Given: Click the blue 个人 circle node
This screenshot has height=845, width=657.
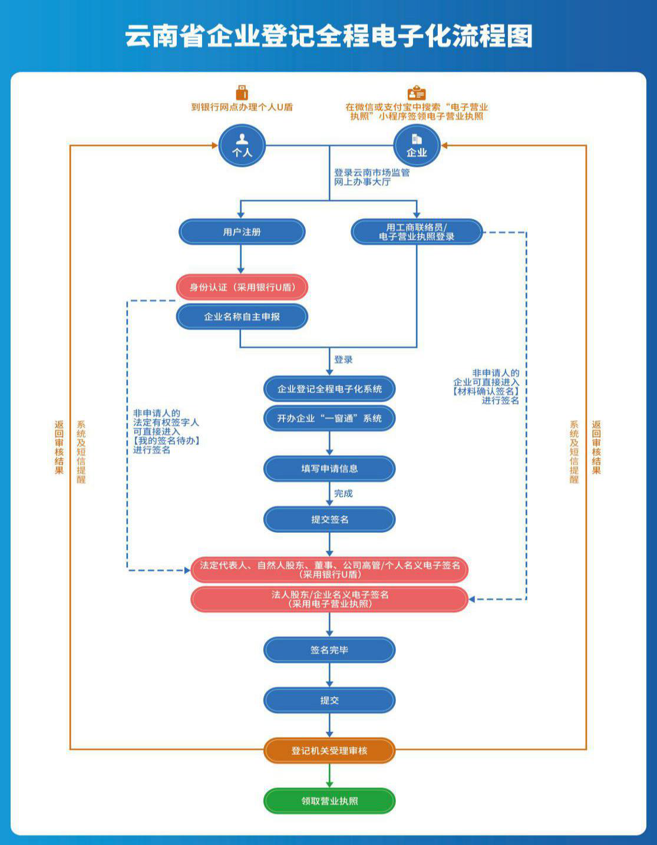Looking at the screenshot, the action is tap(242, 146).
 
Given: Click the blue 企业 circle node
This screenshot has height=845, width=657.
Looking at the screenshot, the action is tap(417, 146).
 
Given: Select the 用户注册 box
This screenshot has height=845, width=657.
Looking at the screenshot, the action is tap(242, 232).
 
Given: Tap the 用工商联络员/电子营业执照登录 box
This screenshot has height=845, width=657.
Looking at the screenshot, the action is tap(417, 232).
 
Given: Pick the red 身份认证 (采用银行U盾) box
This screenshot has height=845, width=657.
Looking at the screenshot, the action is tap(242, 288).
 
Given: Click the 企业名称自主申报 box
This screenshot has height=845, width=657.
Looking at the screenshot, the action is tap(242, 317).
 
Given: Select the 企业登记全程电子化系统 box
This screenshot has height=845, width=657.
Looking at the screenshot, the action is tap(329, 389).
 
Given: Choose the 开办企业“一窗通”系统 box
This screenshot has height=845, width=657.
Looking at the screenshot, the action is tap(329, 418).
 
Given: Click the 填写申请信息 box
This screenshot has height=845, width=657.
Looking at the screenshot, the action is tap(329, 468).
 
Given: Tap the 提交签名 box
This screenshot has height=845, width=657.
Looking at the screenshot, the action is tap(329, 519).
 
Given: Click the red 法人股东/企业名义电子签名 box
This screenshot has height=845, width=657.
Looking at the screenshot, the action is tap(329, 599).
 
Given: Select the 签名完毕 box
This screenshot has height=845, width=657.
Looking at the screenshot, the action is tap(329, 650).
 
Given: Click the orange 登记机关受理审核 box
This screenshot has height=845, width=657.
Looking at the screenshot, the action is tap(329, 751).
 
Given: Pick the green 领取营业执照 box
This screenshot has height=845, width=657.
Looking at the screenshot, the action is tap(329, 801).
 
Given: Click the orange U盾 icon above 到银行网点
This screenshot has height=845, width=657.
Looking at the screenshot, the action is tap(242, 93).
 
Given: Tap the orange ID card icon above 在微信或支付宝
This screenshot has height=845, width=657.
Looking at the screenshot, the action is tap(417, 93).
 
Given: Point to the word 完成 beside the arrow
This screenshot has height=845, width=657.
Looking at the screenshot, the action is tap(344, 494).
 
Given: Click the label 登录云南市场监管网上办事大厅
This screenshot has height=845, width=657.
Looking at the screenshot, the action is tap(372, 177).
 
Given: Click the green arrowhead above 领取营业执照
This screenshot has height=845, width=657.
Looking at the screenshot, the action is tap(329, 783).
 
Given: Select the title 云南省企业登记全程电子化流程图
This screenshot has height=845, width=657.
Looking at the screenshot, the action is tap(329, 36).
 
